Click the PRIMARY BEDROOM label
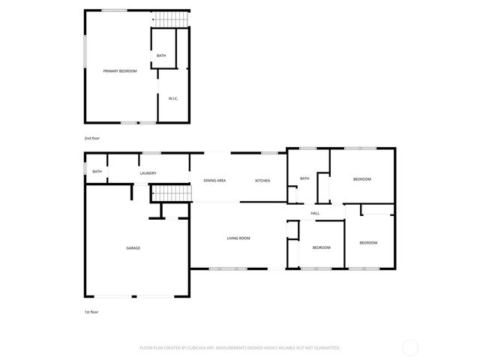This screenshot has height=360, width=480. [x=120, y=70]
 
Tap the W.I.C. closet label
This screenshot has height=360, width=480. [x=172, y=98]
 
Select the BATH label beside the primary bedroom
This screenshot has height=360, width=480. [x=161, y=56]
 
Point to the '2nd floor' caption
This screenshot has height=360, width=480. [x=91, y=139]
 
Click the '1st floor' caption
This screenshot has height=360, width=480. [x=91, y=311]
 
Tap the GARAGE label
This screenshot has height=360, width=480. [x=133, y=248]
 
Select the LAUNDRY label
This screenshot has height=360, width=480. [x=148, y=173]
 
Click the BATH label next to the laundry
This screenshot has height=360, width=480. [x=97, y=171]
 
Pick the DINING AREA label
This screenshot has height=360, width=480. [x=214, y=181]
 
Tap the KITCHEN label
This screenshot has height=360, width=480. [x=262, y=181]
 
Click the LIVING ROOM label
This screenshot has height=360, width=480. [x=238, y=238]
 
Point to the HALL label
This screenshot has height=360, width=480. [x=315, y=214]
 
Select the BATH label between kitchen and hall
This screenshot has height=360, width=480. [x=304, y=178]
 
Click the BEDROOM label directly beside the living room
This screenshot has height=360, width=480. [x=322, y=247]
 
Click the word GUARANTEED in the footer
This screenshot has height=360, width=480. [x=325, y=348]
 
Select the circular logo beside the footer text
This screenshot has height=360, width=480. [x=410, y=347]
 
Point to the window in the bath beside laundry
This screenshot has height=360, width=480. [x=85, y=171]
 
